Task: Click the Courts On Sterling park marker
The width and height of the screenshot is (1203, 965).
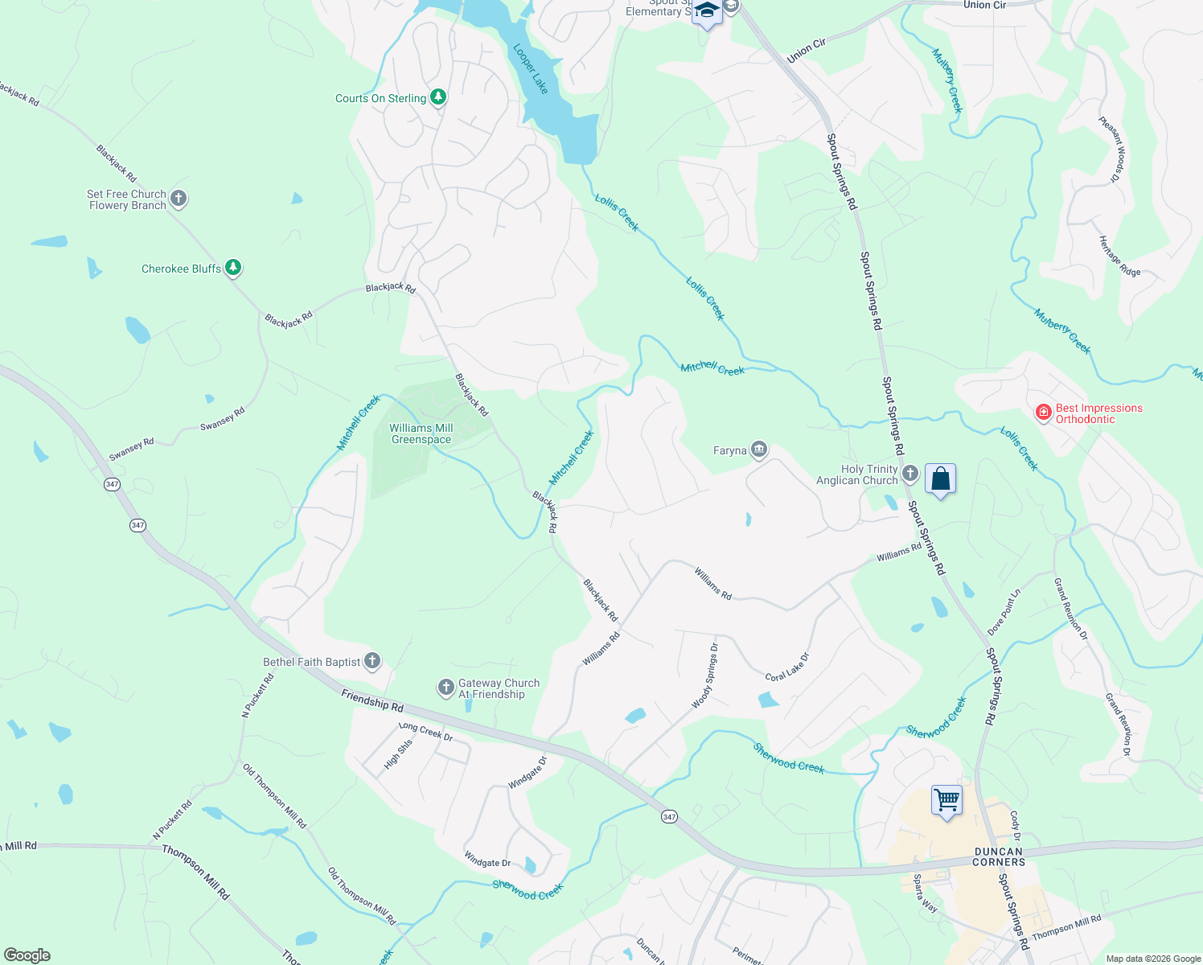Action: point(438,97)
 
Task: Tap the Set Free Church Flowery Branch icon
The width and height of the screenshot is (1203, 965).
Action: point(179,198)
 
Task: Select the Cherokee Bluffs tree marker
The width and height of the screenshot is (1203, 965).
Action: point(233,267)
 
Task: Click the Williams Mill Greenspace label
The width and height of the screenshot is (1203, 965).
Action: point(421,434)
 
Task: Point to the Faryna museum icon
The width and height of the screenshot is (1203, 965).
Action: point(759,450)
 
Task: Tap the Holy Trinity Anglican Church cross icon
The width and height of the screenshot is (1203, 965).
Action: point(910,473)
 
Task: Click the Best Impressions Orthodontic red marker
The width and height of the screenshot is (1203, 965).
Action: point(1044,413)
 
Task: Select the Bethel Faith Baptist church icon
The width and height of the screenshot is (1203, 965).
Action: point(372,661)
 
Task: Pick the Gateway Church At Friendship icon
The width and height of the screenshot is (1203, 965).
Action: point(446,688)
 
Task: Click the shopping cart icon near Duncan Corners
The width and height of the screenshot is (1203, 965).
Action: point(947,800)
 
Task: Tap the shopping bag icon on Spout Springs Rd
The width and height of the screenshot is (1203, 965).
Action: point(940,479)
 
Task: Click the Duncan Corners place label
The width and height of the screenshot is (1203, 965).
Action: point(999,856)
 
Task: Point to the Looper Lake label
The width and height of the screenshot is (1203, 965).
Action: point(531,69)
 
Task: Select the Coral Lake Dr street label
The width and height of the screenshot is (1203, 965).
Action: point(787,667)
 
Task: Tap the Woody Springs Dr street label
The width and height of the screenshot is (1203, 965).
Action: point(705,675)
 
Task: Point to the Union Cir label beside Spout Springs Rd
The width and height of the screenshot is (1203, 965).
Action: point(806,51)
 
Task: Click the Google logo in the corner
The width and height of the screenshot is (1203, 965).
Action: point(27,955)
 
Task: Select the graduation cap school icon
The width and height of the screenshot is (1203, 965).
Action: point(707,11)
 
